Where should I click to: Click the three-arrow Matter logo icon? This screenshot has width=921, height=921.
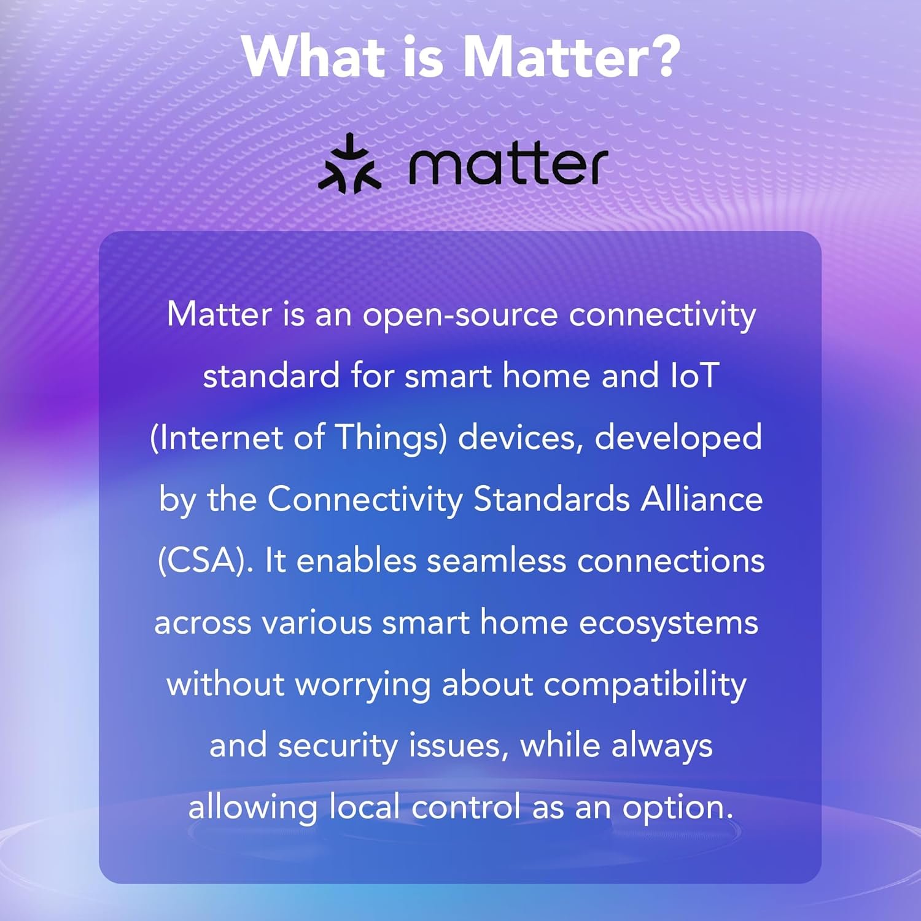[349, 164]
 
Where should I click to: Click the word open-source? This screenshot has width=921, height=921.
[460, 315]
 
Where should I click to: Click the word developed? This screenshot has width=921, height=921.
[678, 438]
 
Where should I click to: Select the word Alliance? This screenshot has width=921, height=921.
[702, 499]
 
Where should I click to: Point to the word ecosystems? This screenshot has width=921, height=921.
[669, 623]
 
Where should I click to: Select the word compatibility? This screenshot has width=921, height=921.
[645, 684]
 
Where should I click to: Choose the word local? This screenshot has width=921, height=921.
[365, 807]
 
